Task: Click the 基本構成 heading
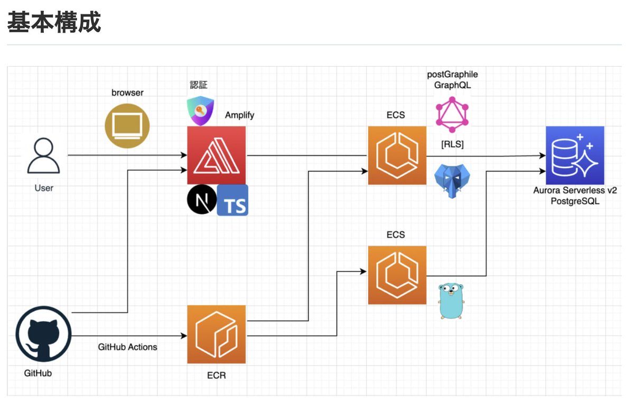pos(54,22)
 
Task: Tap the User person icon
pos(43,156)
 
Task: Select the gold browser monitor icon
pos(127,126)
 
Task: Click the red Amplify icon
pos(217,156)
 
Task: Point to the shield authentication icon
pos(200,111)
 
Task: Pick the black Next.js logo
pos(202,199)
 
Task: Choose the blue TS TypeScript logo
pos(232,200)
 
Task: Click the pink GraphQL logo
pos(452,114)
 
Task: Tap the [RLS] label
pos(452,144)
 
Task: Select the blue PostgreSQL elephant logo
pos(452,181)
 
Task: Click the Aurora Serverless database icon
pos(575,156)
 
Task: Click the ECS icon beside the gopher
pos(397,275)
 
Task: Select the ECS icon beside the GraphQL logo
pos(397,156)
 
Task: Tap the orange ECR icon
pos(217,334)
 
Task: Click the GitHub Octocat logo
pos(43,334)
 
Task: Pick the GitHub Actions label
pos(127,347)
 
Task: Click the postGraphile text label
pos(452,75)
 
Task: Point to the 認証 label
pos(199,85)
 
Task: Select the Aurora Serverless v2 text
pos(575,190)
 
